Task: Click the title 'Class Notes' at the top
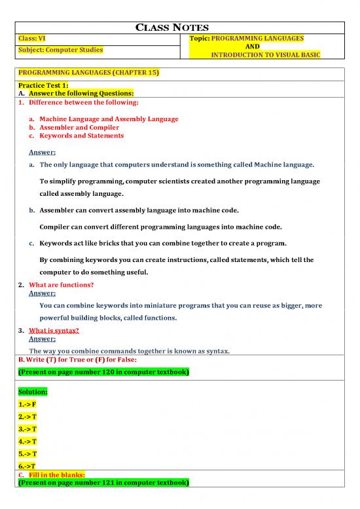click(179, 28)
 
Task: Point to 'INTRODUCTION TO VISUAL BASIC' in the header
click(264, 56)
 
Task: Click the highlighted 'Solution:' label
click(33, 391)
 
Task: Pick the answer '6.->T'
click(27, 465)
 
